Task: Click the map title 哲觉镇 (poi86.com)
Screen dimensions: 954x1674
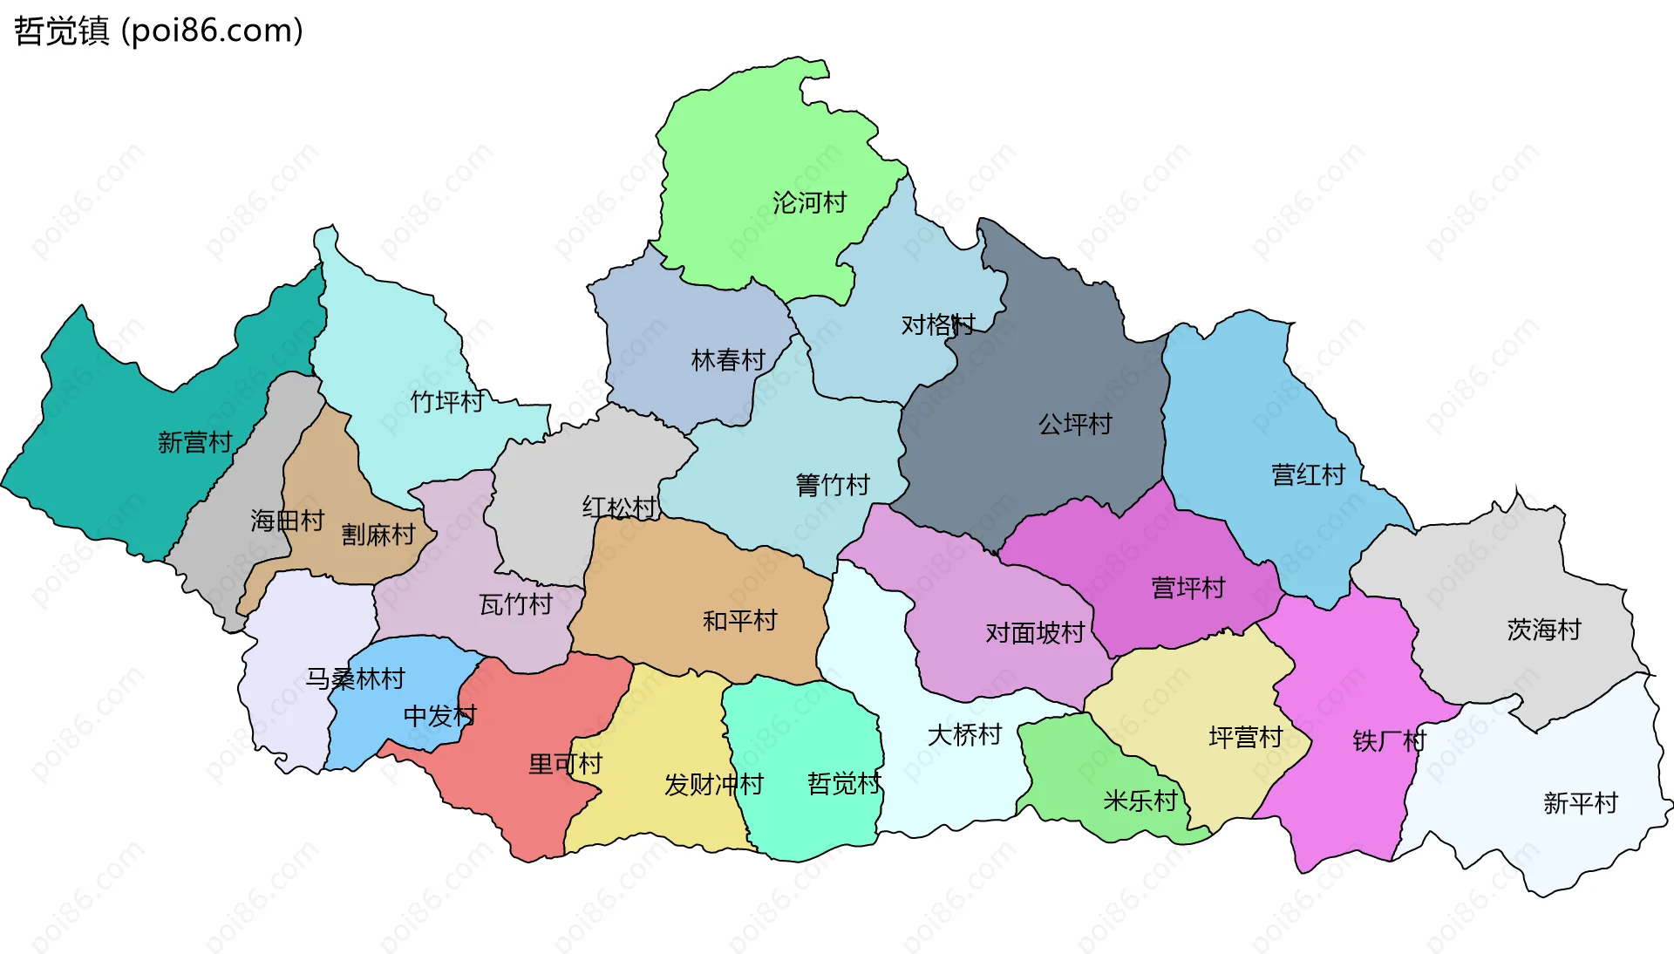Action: [158, 31]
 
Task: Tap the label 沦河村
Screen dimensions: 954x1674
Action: [809, 203]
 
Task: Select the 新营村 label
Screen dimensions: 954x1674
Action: [194, 442]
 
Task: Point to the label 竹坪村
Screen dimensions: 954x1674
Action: [447, 402]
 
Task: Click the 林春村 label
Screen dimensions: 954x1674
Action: [727, 360]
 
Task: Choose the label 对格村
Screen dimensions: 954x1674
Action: [937, 325]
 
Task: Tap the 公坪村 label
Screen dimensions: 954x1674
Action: [1075, 425]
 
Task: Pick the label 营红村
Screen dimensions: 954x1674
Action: [1308, 475]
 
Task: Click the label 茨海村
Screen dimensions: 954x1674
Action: [1543, 630]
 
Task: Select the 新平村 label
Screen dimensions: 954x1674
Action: [1580, 803]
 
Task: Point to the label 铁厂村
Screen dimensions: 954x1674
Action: [1388, 741]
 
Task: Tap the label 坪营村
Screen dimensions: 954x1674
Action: [1245, 738]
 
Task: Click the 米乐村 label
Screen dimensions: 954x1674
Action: [1140, 801]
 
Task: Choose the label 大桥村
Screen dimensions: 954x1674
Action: [964, 735]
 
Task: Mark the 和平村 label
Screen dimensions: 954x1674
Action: [739, 621]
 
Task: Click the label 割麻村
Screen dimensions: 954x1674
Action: [378, 535]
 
